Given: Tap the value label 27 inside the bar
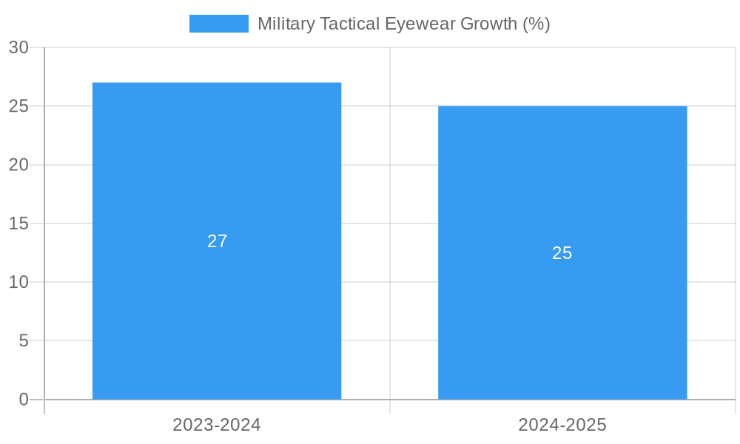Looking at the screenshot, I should [x=217, y=241].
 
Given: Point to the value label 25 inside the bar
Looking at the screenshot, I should [x=562, y=253].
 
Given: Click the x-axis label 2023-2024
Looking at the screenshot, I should [x=217, y=425].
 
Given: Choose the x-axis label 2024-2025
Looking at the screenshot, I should [x=562, y=425].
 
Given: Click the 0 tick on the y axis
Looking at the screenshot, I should [x=24, y=400].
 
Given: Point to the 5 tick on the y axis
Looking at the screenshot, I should [x=24, y=341].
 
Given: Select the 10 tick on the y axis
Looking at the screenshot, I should [x=18, y=282].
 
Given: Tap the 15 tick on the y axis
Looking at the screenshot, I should [x=18, y=223].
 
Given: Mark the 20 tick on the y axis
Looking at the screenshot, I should [x=18, y=165].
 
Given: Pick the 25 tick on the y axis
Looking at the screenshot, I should [x=18, y=106].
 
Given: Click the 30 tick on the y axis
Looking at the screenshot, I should [x=18, y=47].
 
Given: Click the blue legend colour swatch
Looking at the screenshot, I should [x=219, y=24].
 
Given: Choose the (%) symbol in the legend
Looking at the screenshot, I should [x=536, y=24].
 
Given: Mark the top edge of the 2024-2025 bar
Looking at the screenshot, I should [x=562, y=107].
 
